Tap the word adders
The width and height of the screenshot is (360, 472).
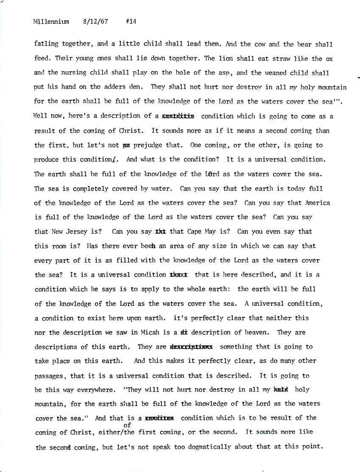(x=112, y=87)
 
